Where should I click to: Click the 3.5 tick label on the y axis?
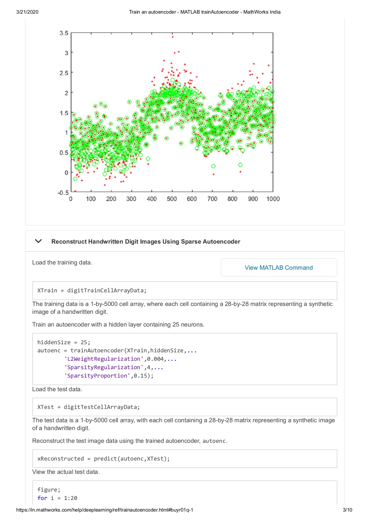click(x=64, y=33)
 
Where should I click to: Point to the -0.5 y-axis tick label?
click(x=63, y=193)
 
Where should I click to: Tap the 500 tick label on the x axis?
click(x=172, y=199)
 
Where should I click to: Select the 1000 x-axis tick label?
click(x=273, y=199)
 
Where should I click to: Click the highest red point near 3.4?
click(x=173, y=37)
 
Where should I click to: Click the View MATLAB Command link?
click(x=278, y=268)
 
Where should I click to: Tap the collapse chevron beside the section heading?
click(x=38, y=241)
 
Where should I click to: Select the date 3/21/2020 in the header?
click(x=27, y=12)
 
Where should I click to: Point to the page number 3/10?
click(x=347, y=510)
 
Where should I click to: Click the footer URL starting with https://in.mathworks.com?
click(x=104, y=510)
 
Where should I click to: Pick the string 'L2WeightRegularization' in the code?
click(x=104, y=359)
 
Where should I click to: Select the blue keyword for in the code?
click(x=42, y=498)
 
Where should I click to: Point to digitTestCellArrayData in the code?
click(x=100, y=407)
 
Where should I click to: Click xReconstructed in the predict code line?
click(x=61, y=459)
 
